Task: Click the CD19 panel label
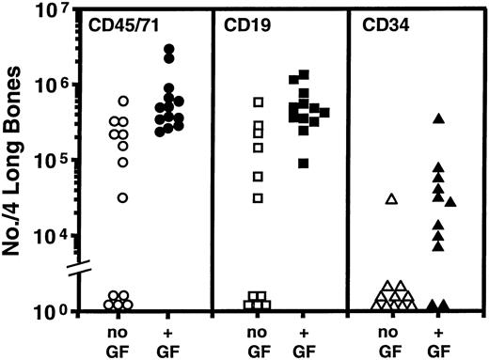(x=240, y=21)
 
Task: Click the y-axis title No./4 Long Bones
(x=21, y=160)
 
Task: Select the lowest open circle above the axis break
(x=123, y=197)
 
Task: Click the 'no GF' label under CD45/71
(x=121, y=340)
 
